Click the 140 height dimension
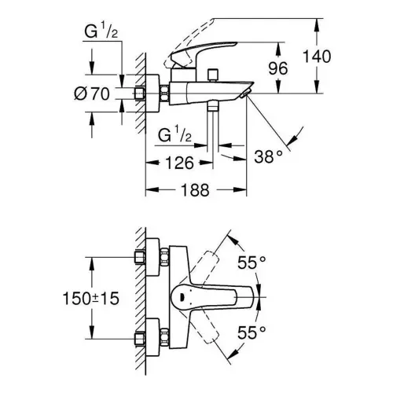(x=317, y=57)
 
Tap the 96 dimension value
(x=278, y=68)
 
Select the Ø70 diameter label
(x=92, y=94)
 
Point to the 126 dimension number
(x=180, y=163)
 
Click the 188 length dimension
(x=196, y=189)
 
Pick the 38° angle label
(x=268, y=156)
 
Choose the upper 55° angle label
(x=252, y=263)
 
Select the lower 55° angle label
(x=252, y=332)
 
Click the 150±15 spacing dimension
(x=91, y=299)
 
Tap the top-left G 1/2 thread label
(x=101, y=31)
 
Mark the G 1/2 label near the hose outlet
(x=174, y=135)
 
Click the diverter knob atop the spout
(x=213, y=75)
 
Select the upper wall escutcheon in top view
(x=152, y=257)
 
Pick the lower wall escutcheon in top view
(x=152, y=337)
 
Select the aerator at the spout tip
(x=246, y=94)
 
